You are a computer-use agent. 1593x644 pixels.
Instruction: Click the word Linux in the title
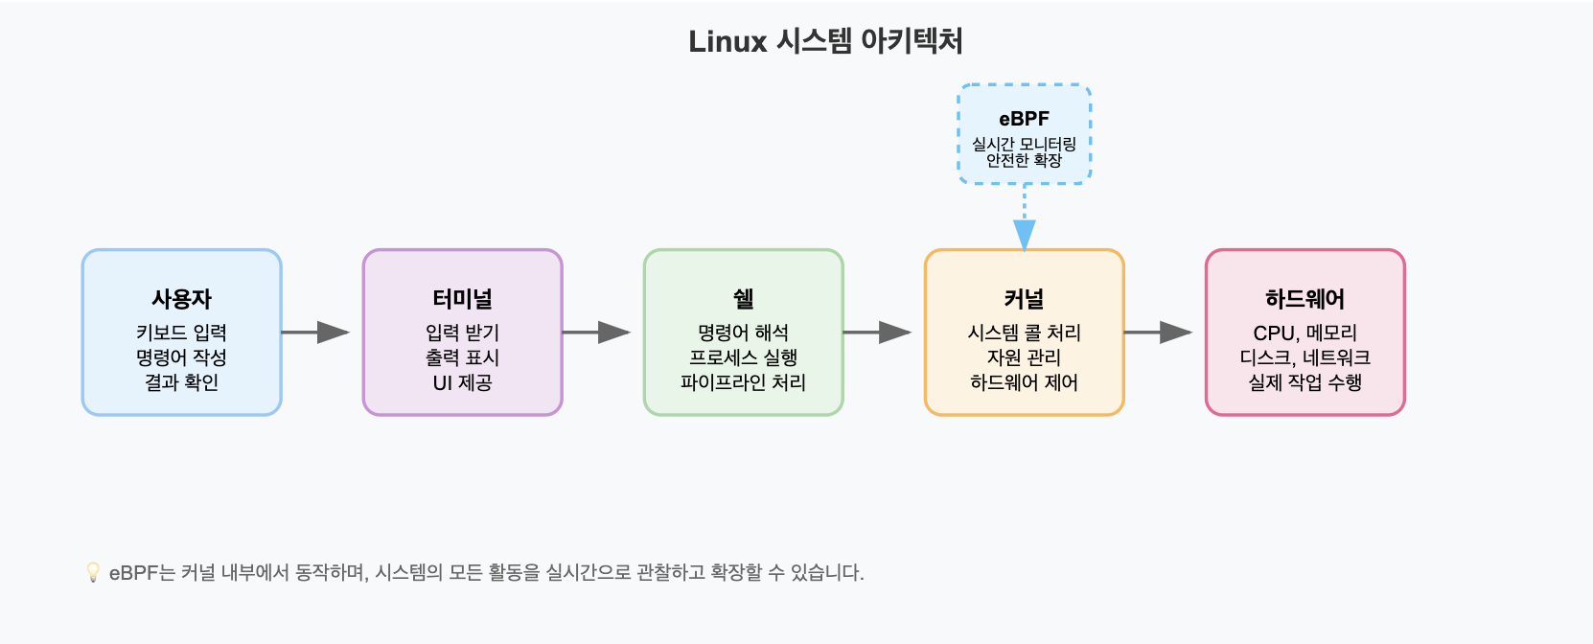[727, 41]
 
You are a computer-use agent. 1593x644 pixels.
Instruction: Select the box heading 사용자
[181, 299]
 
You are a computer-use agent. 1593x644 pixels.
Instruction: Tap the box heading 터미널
[462, 299]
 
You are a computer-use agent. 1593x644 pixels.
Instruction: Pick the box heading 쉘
[743, 299]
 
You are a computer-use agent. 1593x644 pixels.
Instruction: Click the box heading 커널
[1024, 299]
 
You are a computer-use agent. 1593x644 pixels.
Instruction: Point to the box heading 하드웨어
[1305, 299]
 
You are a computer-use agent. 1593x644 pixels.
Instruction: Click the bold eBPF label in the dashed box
[1024, 119]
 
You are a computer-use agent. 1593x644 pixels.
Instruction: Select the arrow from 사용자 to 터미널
[315, 332]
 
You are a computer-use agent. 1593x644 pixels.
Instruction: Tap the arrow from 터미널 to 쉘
[596, 332]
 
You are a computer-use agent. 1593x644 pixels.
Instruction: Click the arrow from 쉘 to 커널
[877, 332]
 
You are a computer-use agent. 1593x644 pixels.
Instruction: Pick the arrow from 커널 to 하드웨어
[1158, 332]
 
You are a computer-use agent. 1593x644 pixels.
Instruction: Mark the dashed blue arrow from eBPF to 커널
[1024, 218]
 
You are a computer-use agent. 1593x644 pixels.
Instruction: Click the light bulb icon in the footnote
[93, 572]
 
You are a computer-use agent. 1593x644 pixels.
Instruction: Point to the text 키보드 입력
[181, 333]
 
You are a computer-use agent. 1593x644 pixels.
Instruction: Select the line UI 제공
[462, 382]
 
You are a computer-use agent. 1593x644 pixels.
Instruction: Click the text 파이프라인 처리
[743, 382]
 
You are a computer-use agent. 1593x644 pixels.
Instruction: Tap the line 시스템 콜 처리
[1024, 333]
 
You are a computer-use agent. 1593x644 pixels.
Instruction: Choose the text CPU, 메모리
[1305, 333]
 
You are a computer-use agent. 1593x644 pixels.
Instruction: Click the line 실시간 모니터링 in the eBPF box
[1024, 145]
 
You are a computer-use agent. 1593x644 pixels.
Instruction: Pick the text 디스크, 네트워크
[1305, 357]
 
